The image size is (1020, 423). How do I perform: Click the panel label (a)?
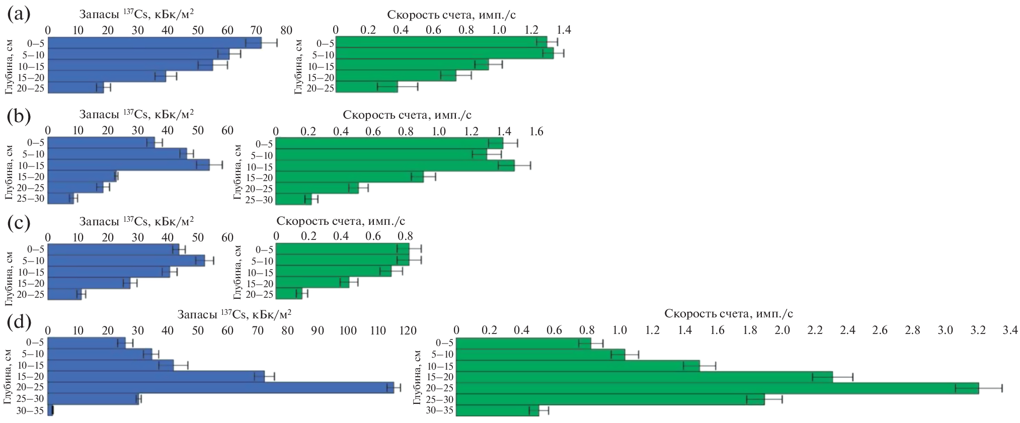pyautogui.click(x=19, y=15)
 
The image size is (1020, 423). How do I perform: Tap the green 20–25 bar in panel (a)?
pyautogui.click(x=366, y=87)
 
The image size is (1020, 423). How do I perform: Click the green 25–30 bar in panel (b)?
pyautogui.click(x=293, y=199)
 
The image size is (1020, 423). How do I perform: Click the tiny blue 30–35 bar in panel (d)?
pyautogui.click(x=50, y=410)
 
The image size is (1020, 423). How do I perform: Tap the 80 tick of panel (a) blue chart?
pyautogui.click(x=286, y=30)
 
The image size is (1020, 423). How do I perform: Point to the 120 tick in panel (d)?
pyautogui.click(x=408, y=330)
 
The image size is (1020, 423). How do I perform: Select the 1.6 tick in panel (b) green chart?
pyautogui.click(x=537, y=132)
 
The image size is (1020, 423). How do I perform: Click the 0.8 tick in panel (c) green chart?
pyautogui.click(x=406, y=236)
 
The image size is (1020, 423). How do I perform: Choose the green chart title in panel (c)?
pyautogui.click(x=341, y=221)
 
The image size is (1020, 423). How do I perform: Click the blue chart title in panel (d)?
pyautogui.click(x=234, y=314)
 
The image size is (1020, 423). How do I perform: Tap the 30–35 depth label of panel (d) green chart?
pyautogui.click(x=439, y=410)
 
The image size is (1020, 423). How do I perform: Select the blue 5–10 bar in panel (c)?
pyautogui.click(x=126, y=261)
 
